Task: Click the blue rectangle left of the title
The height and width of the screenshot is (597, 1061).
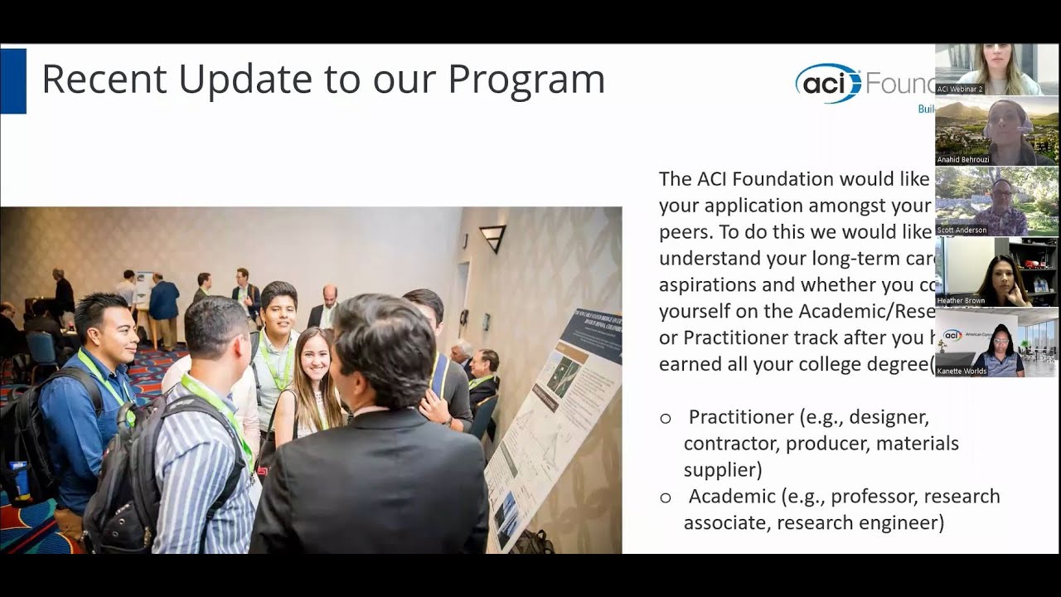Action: pyautogui.click(x=13, y=80)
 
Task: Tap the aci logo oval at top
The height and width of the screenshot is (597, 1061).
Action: pyautogui.click(x=828, y=83)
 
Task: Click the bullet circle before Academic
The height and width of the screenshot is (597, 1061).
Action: pyautogui.click(x=666, y=498)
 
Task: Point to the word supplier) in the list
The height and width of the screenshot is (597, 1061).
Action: pyautogui.click(x=723, y=470)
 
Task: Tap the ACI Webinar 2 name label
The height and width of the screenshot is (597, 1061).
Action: pyautogui.click(x=960, y=89)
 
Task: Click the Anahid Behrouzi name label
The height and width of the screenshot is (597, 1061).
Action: pyautogui.click(x=963, y=159)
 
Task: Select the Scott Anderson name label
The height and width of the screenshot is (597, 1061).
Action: pyautogui.click(x=962, y=230)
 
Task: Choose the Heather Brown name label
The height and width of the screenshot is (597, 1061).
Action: pyautogui.click(x=960, y=300)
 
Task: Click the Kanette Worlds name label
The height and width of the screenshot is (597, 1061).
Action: pyautogui.click(x=962, y=371)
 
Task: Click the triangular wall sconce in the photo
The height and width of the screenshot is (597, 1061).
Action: pyautogui.click(x=492, y=237)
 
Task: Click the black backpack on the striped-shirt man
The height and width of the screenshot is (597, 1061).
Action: pyautogui.click(x=123, y=481)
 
